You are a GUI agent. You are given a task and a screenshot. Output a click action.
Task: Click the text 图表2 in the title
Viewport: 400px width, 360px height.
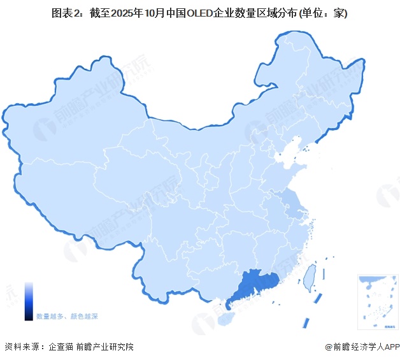(65, 13)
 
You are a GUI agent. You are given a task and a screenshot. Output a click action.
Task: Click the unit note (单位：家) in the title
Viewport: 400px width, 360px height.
(325, 13)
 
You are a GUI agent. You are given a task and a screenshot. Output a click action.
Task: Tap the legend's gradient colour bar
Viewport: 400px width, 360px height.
(29, 301)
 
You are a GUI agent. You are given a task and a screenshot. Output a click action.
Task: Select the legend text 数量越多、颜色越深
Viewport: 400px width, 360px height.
(67, 316)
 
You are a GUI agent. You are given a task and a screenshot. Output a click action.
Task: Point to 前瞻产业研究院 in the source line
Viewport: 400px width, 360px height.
(104, 347)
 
